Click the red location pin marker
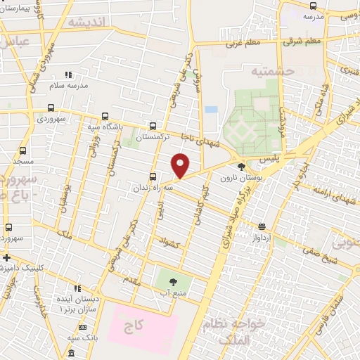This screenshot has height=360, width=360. coord(181,165)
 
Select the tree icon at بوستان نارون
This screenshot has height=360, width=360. coord(242,167)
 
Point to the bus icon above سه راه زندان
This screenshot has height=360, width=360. coord(153,177)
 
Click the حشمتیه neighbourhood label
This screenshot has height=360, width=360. coord(252,71)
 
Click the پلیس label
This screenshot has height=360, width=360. coord(269,160)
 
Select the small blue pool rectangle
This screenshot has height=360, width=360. coord(211,110)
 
